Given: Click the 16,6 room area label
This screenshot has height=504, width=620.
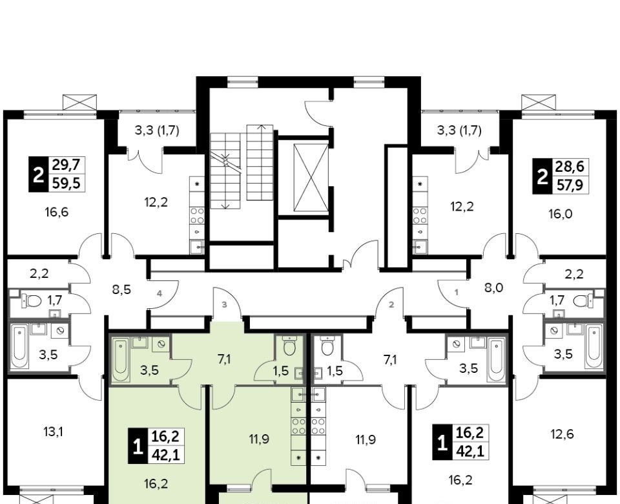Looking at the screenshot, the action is [57, 213].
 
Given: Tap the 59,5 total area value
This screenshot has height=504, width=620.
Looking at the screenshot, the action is [67, 183].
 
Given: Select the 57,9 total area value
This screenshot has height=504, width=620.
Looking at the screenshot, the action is [570, 185].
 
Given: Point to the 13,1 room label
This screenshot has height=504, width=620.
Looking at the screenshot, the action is [54, 432].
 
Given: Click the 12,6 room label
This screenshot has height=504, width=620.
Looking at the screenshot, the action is [563, 434].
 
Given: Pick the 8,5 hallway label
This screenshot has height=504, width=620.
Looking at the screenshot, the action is [121, 289].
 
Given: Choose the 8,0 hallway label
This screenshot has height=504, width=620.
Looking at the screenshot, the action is [494, 288].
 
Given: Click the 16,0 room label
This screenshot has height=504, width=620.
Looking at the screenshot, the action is [561, 214].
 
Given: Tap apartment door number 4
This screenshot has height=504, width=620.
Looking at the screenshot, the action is [159, 293].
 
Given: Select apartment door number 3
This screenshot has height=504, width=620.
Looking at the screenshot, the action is [224, 304].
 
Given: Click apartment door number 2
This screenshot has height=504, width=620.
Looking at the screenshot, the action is [391, 304].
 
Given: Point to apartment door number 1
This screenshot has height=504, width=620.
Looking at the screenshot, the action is [457, 293].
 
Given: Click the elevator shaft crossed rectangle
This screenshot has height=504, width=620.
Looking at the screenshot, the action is [311, 178].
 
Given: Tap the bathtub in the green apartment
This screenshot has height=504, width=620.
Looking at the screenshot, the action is [120, 360].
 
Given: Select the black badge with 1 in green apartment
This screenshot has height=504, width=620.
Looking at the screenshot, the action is [137, 447].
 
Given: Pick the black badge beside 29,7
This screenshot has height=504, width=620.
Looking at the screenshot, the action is [38, 174].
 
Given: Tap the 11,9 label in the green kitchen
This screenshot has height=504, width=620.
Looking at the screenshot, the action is [260, 439].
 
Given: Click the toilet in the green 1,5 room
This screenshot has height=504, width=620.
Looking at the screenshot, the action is [290, 345].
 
